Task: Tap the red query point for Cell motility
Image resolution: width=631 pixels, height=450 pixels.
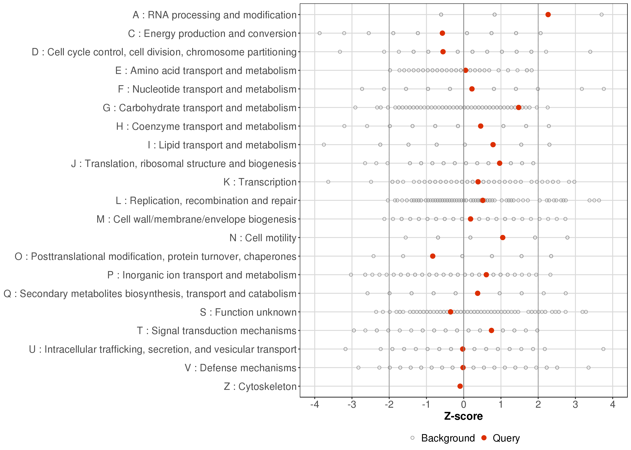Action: [x=503, y=237]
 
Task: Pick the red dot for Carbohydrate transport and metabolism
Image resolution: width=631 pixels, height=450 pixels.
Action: [x=518, y=108]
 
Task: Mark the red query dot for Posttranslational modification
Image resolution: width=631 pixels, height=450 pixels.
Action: [x=433, y=256]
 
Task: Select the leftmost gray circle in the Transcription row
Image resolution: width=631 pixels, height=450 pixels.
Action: [x=328, y=182]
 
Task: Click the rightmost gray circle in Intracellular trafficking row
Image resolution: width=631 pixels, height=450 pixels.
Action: [x=603, y=349]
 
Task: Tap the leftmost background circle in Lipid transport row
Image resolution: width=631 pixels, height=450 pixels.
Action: [x=324, y=145]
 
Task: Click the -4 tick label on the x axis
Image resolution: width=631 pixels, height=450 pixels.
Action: [x=315, y=405]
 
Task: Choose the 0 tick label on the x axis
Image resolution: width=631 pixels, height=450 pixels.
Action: [x=463, y=405]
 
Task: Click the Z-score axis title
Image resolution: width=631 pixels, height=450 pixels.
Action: [x=463, y=416]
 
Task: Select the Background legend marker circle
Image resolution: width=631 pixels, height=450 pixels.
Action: [x=412, y=438]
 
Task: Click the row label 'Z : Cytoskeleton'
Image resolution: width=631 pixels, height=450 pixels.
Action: [x=260, y=386]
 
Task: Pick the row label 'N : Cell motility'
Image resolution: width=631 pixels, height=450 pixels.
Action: [x=263, y=238]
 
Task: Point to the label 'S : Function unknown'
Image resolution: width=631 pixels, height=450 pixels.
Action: [x=248, y=312]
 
